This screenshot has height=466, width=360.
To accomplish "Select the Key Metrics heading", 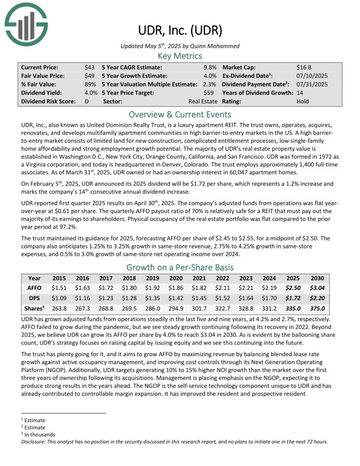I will [x=180, y=56].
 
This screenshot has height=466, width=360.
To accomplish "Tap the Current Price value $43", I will [x=89, y=67].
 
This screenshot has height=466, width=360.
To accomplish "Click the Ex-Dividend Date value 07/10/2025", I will [x=312, y=76].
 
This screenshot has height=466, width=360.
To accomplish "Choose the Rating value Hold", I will [x=303, y=101].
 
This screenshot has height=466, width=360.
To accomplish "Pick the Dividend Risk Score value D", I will [x=87, y=101].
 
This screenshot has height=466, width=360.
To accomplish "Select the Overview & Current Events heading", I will [x=180, y=114].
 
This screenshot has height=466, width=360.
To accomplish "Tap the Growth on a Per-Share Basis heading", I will [x=180, y=268].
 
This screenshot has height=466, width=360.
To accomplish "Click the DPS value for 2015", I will [x=60, y=298].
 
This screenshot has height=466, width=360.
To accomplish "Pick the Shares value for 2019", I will [x=153, y=308].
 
